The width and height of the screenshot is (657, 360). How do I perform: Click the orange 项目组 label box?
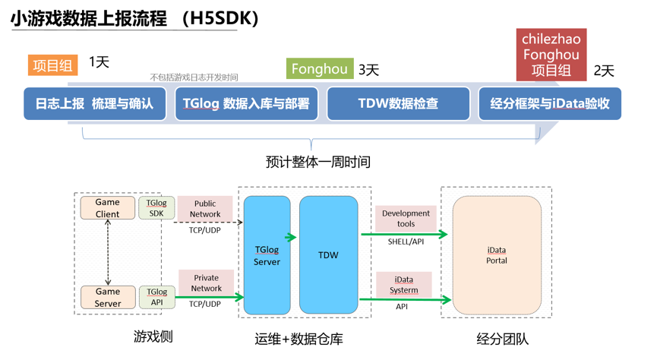pyautogui.click(x=53, y=65)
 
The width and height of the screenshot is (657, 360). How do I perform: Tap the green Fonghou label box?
pyautogui.click(x=320, y=69)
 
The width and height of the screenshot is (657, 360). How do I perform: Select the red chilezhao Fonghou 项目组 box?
pyautogui.click(x=551, y=55)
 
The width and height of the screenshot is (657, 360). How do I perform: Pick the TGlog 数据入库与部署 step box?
pyautogui.click(x=247, y=104)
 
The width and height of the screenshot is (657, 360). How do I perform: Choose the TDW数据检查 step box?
pyautogui.click(x=398, y=104)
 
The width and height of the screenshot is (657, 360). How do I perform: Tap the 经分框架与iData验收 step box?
pyautogui.click(x=550, y=104)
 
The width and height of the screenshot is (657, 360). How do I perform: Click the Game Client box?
pyautogui.click(x=108, y=208)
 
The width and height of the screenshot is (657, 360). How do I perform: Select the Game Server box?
pyautogui.click(x=108, y=297)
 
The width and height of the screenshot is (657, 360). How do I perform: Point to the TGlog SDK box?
pyautogui.click(x=156, y=208)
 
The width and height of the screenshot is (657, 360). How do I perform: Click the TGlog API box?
pyautogui.click(x=156, y=297)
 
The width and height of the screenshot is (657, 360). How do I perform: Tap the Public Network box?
pyautogui.click(x=205, y=209)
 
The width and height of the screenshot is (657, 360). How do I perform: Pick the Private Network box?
pyautogui.click(x=206, y=283)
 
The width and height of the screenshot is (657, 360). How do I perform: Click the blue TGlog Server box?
pyautogui.click(x=267, y=255)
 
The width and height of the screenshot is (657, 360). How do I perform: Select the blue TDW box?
pyautogui.click(x=328, y=255)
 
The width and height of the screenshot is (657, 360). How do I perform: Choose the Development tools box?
pyautogui.click(x=406, y=219)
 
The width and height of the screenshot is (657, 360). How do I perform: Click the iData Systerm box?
pyautogui.click(x=403, y=285)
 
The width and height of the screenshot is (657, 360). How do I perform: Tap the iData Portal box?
pyautogui.click(x=497, y=255)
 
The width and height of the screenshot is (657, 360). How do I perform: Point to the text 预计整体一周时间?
pyautogui.click(x=317, y=162)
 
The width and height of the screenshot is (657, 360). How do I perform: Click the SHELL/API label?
pyautogui.click(x=406, y=242)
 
